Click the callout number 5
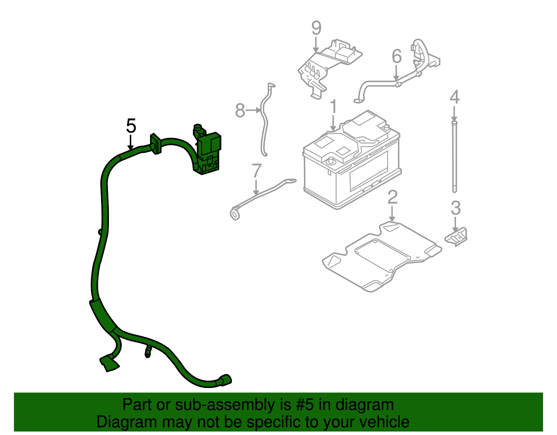[131, 126]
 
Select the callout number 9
[316, 28]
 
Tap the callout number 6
[397, 56]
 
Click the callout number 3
[455, 208]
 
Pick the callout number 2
[392, 197]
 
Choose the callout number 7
[257, 171]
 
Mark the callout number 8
[240, 110]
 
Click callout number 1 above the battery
[333, 106]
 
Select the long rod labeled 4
[454, 157]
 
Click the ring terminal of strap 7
[235, 214]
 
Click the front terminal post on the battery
[329, 161]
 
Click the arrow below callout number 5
[131, 142]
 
